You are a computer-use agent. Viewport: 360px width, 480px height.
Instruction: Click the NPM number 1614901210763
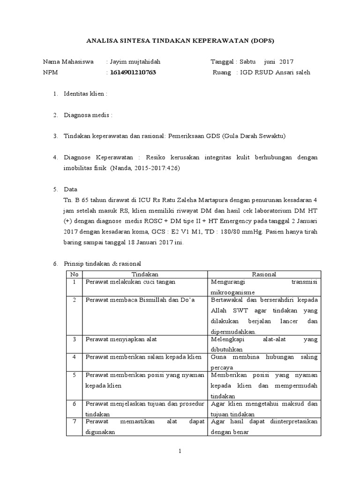tap(133, 73)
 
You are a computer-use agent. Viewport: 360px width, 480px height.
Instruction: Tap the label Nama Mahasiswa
tap(68, 62)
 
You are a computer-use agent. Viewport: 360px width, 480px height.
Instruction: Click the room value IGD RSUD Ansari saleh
tap(275, 73)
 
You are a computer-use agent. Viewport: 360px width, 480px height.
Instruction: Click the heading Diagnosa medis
tap(87, 115)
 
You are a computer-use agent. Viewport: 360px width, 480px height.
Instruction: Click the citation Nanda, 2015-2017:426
tap(146, 168)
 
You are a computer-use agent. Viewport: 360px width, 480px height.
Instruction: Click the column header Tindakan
tap(145, 274)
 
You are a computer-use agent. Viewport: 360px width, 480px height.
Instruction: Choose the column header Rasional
tap(264, 274)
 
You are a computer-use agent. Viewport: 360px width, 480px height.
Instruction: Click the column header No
tap(74, 274)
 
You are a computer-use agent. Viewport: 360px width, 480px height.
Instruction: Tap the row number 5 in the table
tap(74, 375)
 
